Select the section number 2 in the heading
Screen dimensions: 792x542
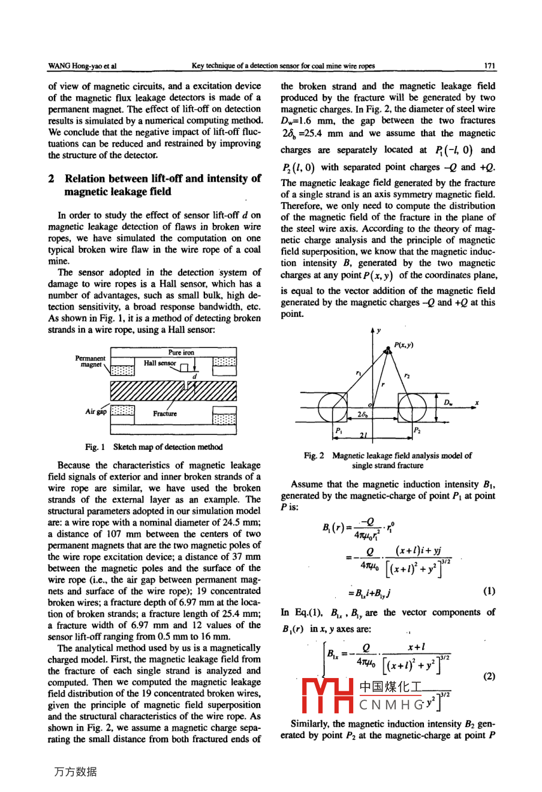click(52, 179)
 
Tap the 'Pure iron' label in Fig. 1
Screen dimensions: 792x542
click(181, 352)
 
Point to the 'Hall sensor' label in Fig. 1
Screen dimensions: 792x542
click(160, 363)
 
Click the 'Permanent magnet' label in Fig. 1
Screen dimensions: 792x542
click(90, 361)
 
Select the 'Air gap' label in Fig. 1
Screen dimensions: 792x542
click(96, 412)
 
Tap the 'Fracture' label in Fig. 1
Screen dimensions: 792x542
click(165, 413)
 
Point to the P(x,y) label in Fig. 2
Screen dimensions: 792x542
click(404, 345)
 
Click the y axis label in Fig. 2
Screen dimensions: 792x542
click(379, 329)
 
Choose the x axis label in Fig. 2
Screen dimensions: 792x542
click(477, 403)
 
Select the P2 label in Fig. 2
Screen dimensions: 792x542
click(417, 430)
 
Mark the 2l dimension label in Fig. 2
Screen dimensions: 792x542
click(363, 435)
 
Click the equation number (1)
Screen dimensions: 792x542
click(489, 590)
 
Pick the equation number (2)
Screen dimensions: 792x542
click(489, 676)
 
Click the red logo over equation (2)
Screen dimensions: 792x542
click(327, 696)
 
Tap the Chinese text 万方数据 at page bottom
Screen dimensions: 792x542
click(75, 772)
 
